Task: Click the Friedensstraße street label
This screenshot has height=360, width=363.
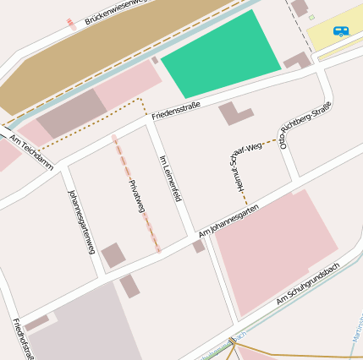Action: click(175, 110)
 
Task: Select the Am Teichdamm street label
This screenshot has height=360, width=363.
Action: click(31, 148)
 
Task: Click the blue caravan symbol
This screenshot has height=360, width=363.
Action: click(341, 31)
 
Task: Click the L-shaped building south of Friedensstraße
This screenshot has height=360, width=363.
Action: click(234, 114)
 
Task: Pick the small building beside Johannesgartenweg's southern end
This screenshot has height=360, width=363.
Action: click(113, 255)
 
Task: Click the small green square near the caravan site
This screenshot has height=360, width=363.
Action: click(311, 17)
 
